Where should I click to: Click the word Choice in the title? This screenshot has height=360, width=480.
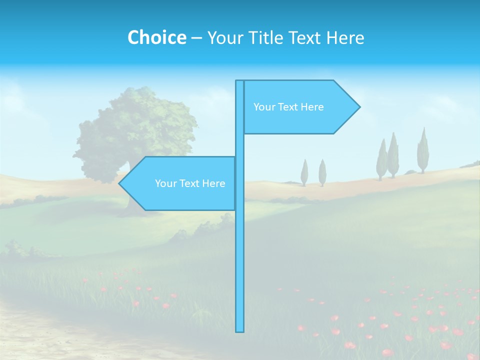click(x=156, y=37)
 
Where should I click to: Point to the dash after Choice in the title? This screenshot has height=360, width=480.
click(x=196, y=38)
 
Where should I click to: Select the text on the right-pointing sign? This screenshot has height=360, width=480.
click(x=288, y=107)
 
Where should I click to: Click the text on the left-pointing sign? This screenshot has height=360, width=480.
click(x=190, y=183)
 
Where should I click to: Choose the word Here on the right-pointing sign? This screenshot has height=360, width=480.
click(x=312, y=107)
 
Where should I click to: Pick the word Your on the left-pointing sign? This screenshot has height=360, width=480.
click(x=165, y=183)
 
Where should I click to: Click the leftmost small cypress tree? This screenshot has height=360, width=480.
click(x=304, y=172)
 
